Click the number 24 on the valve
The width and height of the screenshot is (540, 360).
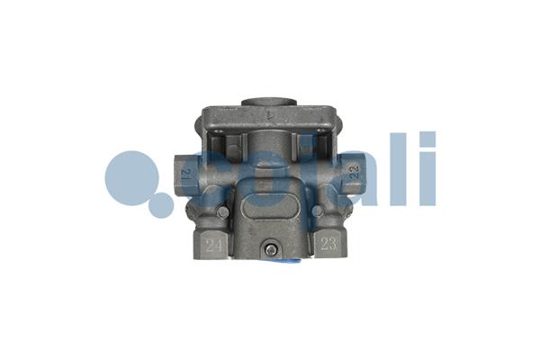pos(214,242)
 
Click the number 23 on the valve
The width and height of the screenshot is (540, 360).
pos(328,241)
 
